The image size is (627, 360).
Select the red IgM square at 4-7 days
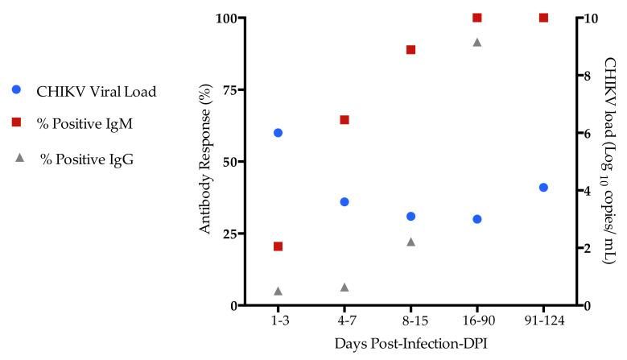[344, 120]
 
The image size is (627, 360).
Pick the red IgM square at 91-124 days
[543, 18]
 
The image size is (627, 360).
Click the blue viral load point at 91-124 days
[543, 188]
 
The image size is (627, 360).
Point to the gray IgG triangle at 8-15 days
[410, 242]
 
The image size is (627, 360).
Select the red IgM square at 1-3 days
[278, 246]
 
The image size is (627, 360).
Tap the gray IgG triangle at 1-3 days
[278, 291]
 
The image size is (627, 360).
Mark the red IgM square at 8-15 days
[410, 50]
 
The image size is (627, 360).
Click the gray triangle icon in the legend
[17, 158]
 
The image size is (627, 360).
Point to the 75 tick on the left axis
[225, 90]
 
